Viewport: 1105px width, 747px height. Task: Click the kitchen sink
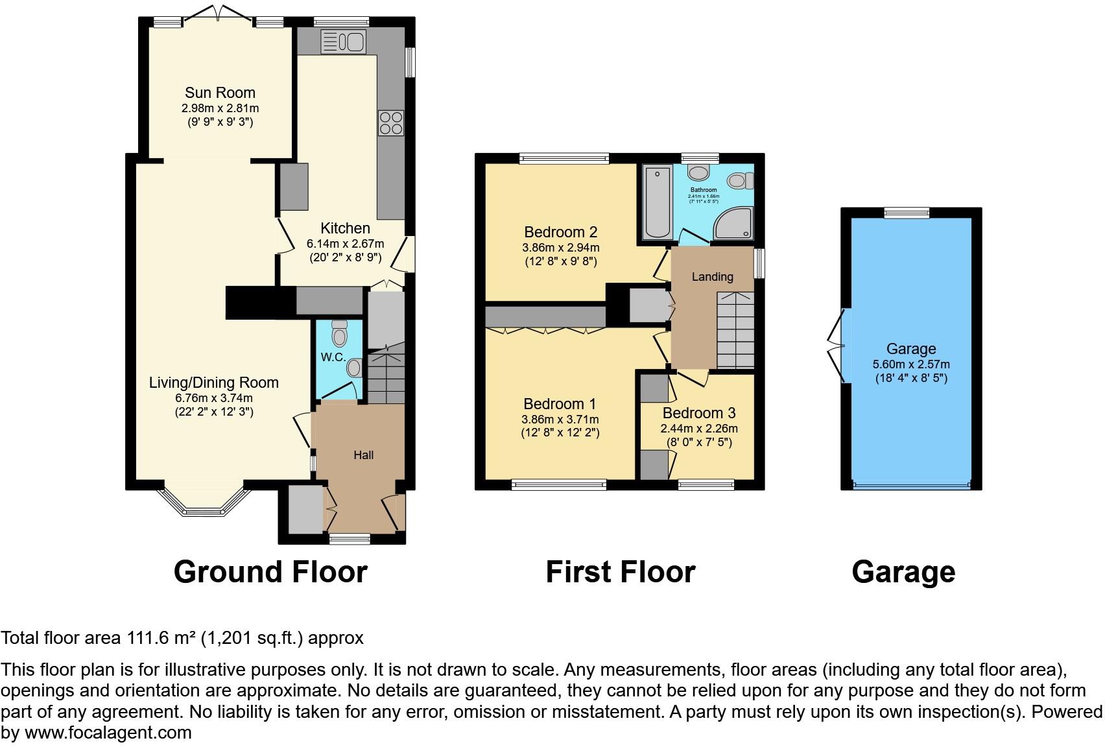(x=343, y=42)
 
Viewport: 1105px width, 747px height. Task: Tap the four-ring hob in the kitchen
(x=391, y=123)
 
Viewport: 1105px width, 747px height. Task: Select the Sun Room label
(x=220, y=92)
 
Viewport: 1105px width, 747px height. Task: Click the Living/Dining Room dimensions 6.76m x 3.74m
(x=214, y=397)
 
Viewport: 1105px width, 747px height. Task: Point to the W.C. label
(x=333, y=357)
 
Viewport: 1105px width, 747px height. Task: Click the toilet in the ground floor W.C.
(x=339, y=333)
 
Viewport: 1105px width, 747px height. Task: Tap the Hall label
(x=363, y=455)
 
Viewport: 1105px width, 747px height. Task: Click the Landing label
(x=712, y=277)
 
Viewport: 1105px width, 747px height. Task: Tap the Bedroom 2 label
(x=560, y=232)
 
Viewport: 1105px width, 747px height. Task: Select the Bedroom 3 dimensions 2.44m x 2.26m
(x=698, y=429)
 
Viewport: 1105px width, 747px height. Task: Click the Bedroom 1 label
(x=560, y=403)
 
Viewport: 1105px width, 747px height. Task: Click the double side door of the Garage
(x=837, y=344)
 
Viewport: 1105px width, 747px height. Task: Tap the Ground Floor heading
(x=270, y=573)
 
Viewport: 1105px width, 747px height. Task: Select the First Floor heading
(x=620, y=573)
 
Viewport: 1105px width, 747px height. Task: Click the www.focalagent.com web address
(x=108, y=733)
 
